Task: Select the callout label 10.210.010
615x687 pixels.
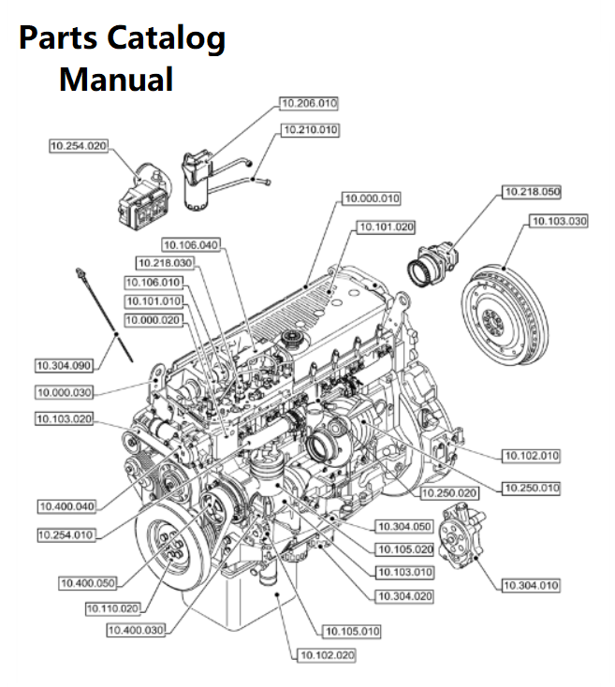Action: tap(311, 130)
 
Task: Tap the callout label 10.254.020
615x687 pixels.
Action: tap(78, 146)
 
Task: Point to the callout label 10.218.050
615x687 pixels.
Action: tap(532, 192)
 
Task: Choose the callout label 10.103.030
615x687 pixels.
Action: tap(559, 222)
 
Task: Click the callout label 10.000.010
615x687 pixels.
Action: tap(372, 199)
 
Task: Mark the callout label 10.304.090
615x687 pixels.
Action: tap(64, 364)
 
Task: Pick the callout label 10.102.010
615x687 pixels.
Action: tap(531, 455)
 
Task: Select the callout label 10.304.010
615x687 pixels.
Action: tap(531, 585)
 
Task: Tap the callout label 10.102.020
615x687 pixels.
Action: tap(327, 654)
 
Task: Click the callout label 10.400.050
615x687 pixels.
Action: tap(88, 582)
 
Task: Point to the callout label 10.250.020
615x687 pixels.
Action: tap(448, 492)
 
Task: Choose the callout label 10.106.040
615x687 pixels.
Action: tap(190, 246)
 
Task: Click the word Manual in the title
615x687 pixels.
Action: tap(116, 79)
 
